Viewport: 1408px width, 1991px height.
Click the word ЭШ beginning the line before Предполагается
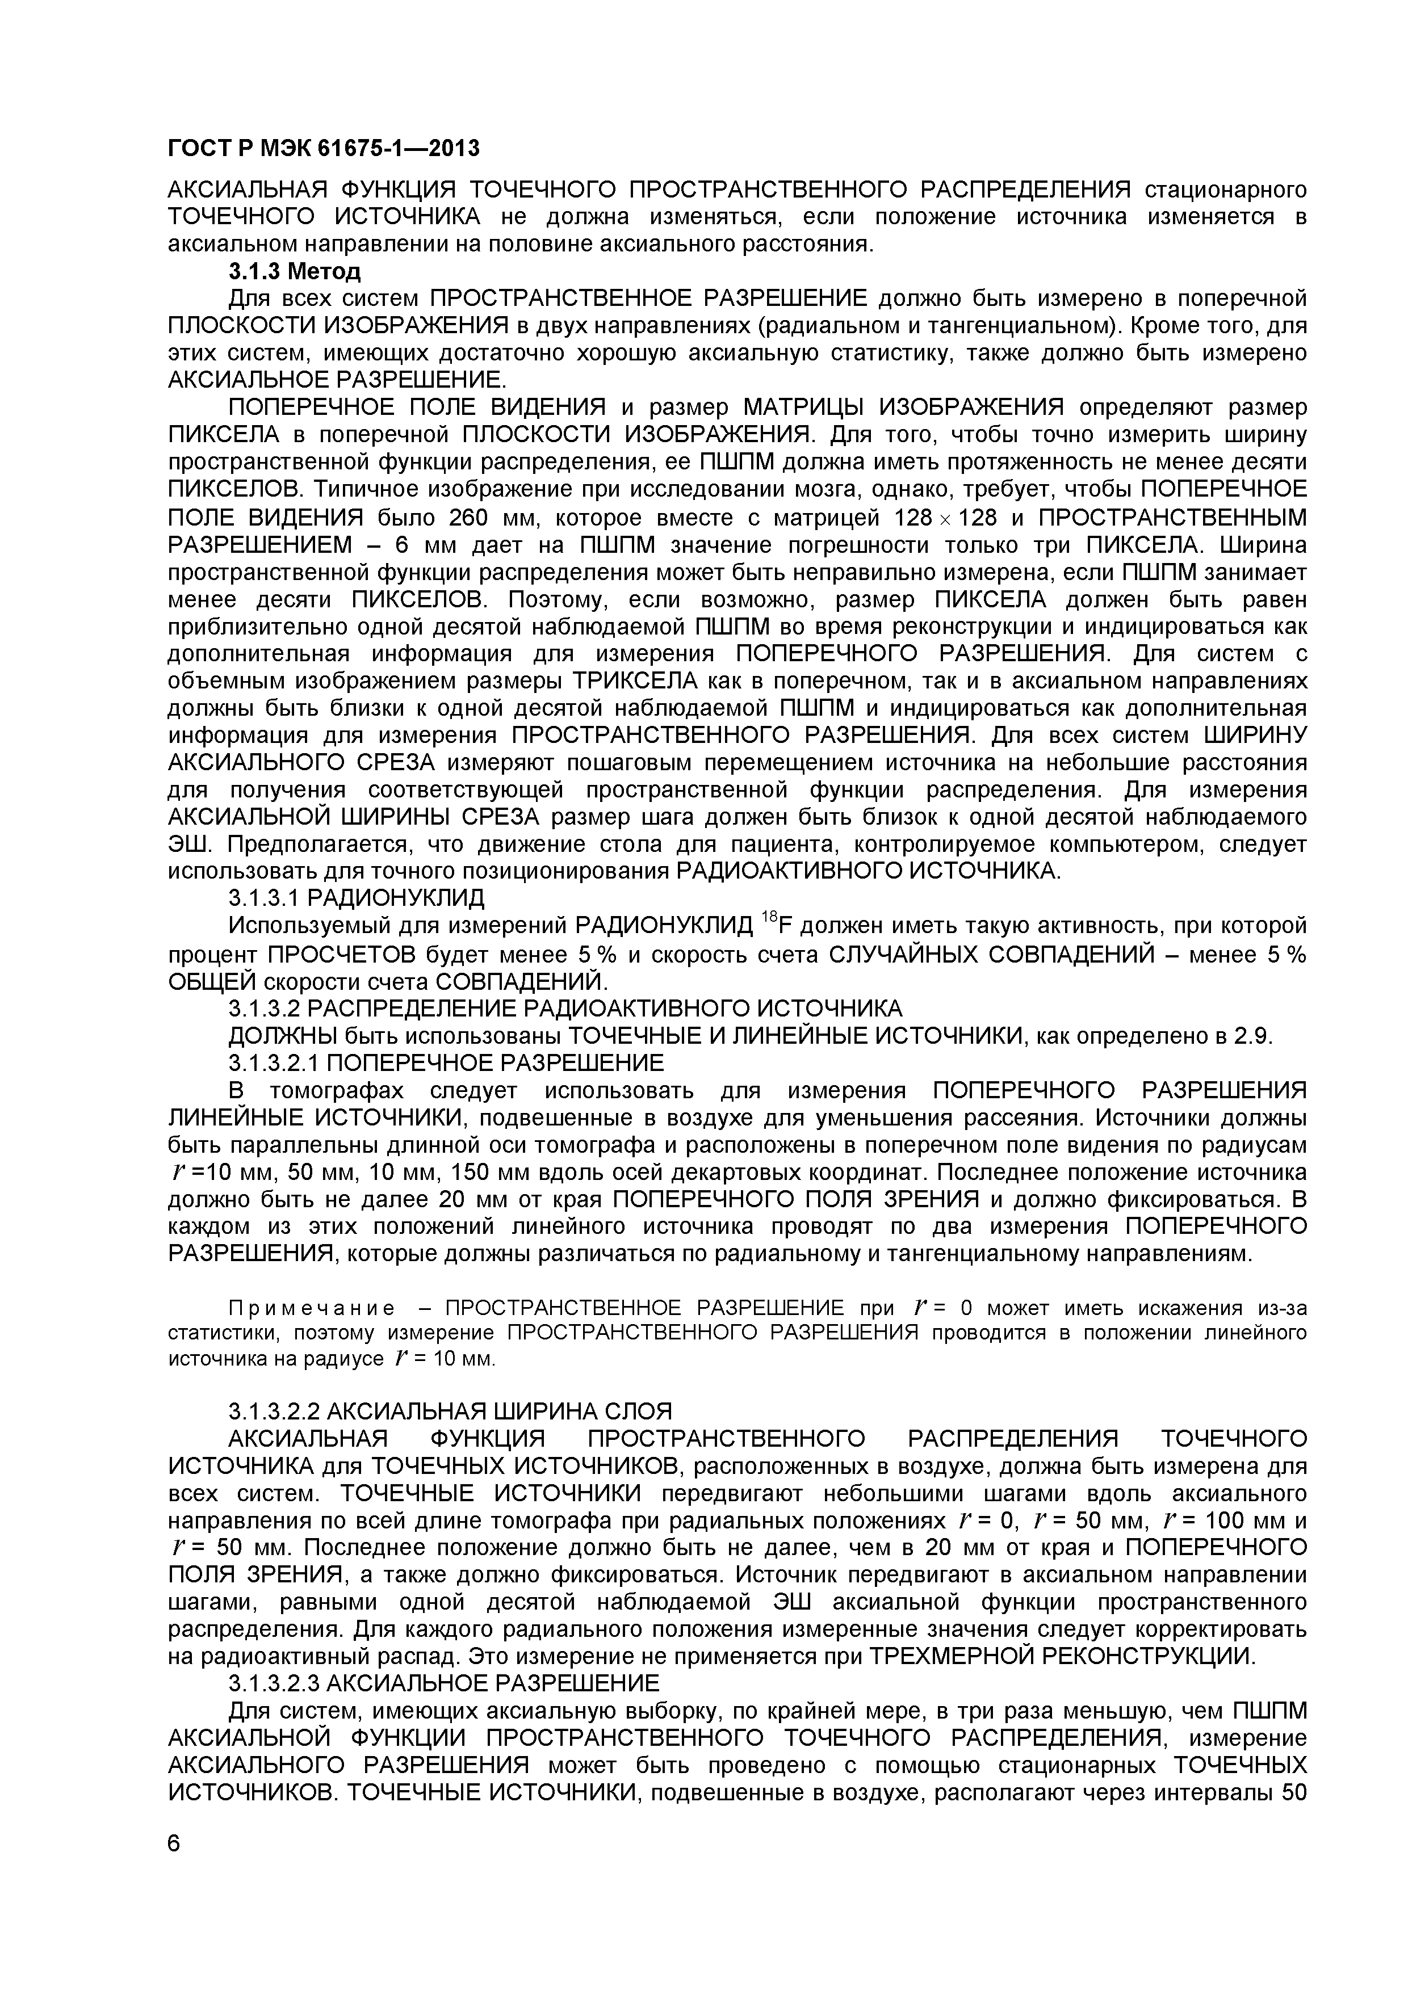point(184,845)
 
